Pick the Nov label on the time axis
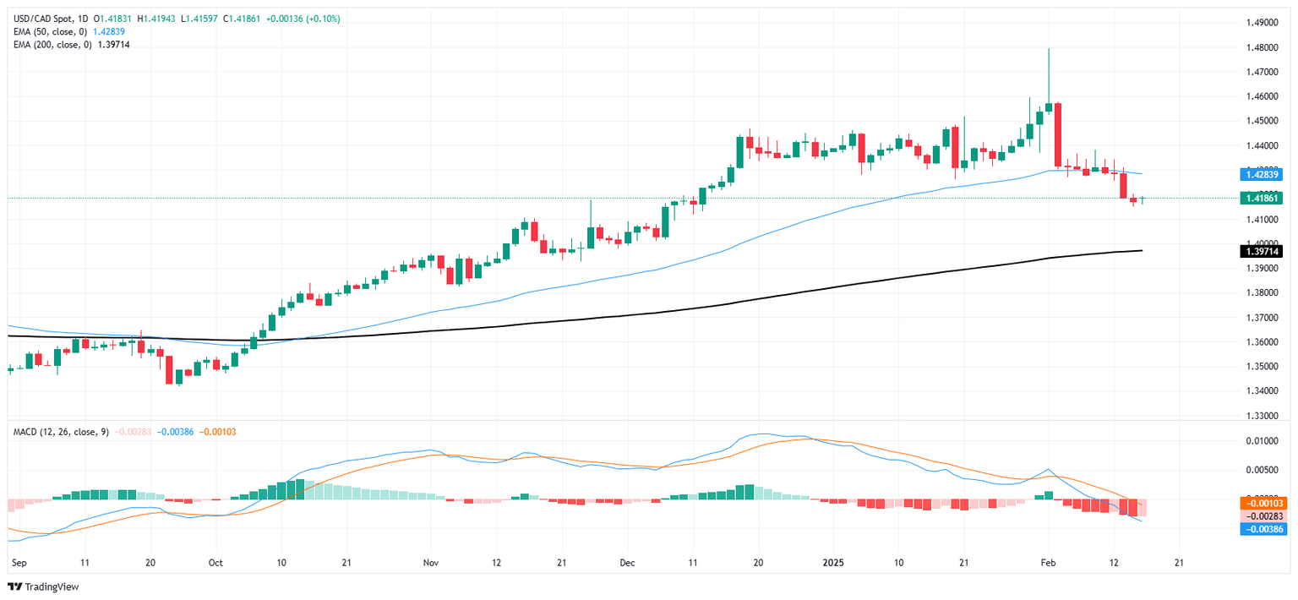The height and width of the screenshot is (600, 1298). pos(431,562)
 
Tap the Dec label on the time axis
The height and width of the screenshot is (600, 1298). pos(626,562)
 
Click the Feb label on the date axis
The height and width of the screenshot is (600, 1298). pos(1048,562)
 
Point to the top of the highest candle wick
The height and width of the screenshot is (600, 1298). pos(1048,49)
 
